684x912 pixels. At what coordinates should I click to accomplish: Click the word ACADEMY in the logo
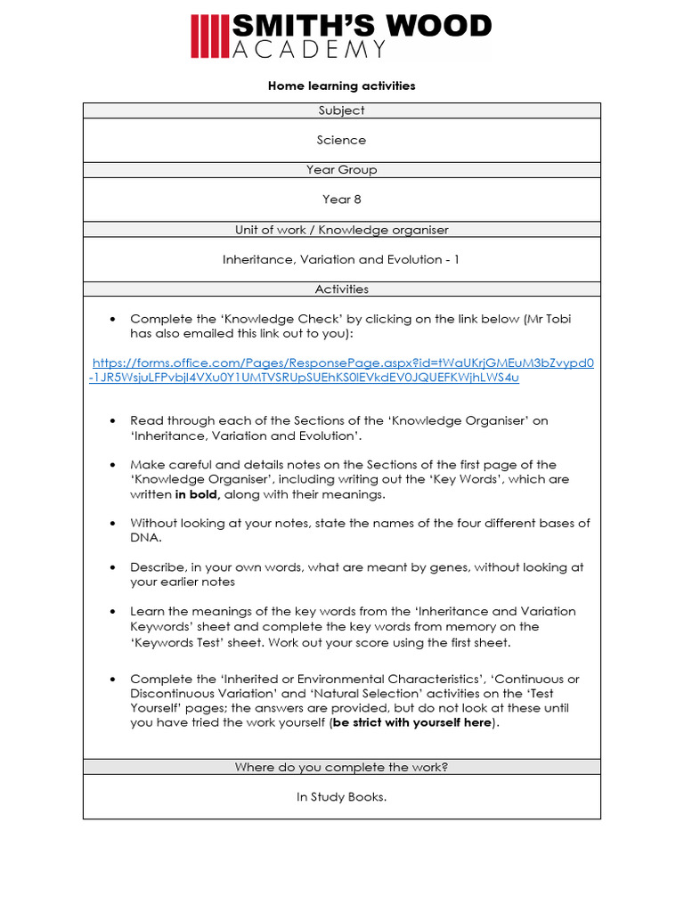(309, 50)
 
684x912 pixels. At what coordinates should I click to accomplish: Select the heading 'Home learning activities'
(341, 86)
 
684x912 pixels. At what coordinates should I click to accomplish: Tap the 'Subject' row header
(341, 110)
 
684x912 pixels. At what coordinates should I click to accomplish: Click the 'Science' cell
(341, 140)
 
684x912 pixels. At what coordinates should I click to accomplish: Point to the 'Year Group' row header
(341, 169)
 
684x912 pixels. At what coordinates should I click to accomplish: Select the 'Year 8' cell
(341, 199)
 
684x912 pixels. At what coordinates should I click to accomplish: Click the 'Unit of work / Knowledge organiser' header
(341, 230)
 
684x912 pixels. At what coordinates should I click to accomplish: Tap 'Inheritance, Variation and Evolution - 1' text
(341, 259)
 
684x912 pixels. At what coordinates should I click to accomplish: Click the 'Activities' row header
(341, 289)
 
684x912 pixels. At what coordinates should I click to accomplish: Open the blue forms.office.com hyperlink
(342, 370)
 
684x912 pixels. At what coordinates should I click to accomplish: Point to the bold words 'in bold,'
(198, 494)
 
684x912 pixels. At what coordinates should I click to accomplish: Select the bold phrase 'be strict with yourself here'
(412, 723)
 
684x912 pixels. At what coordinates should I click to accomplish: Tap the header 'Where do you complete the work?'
(341, 767)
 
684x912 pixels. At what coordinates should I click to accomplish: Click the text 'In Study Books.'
(341, 797)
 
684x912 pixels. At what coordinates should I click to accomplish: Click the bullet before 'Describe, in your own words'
(112, 567)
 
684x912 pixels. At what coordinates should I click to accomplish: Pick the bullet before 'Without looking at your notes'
(112, 524)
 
